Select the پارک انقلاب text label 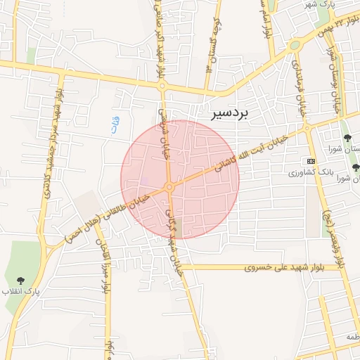20,290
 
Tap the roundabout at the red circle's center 169,186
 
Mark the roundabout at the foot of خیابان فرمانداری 307,128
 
